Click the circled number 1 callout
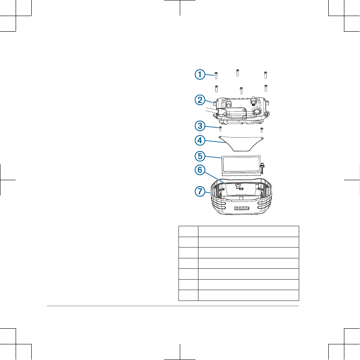click(x=200, y=75)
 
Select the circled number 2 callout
click(x=200, y=100)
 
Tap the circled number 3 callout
click(x=200, y=126)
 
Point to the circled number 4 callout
click(x=200, y=141)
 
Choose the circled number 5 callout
click(x=200, y=156)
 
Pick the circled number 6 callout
click(x=200, y=170)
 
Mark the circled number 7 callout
click(x=200, y=192)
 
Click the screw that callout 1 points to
click(x=216, y=76)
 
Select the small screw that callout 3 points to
click(x=221, y=129)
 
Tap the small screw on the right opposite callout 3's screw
click(x=261, y=130)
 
